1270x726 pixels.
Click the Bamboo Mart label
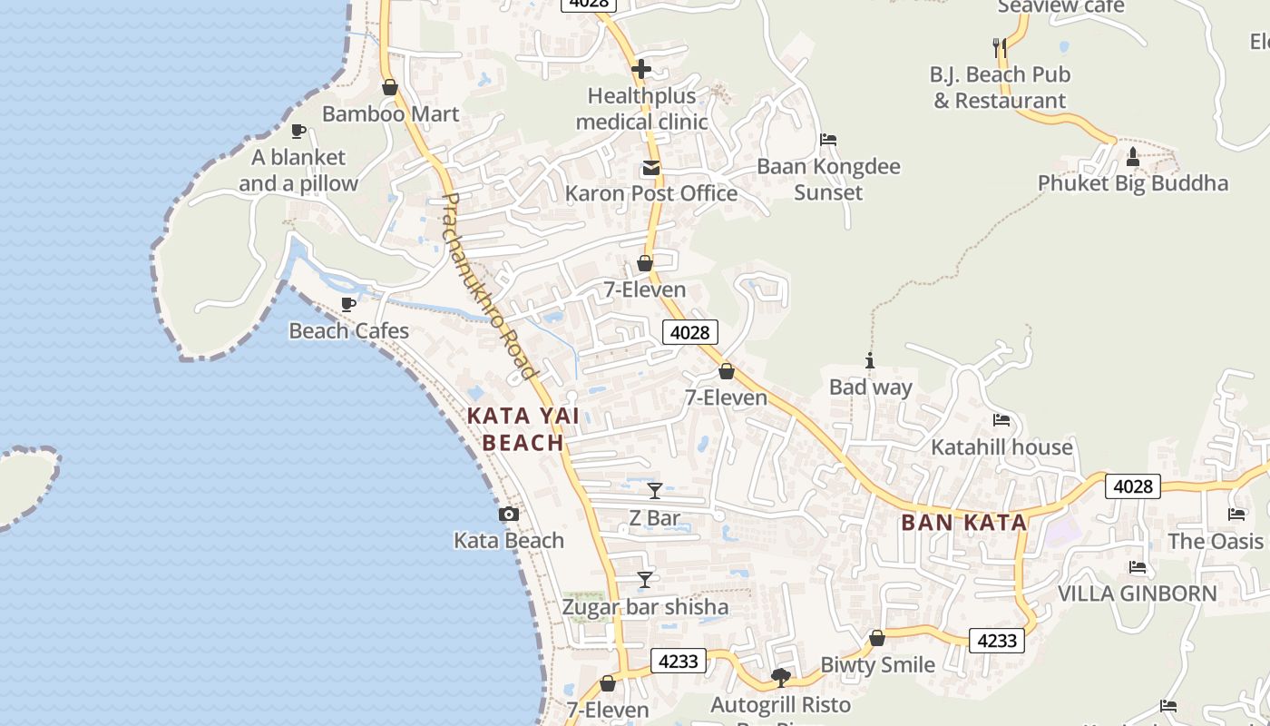pyautogui.click(x=390, y=114)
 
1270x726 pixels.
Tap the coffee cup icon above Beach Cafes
pyautogui.click(x=347, y=304)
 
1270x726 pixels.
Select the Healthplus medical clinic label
pyautogui.click(x=641, y=108)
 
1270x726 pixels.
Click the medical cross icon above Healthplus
pyautogui.click(x=641, y=69)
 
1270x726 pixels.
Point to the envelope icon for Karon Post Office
pyautogui.click(x=651, y=168)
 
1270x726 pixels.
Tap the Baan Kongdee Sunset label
pyautogui.click(x=828, y=179)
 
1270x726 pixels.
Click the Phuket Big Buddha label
pyautogui.click(x=1132, y=183)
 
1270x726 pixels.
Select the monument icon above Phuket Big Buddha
pyautogui.click(x=1132, y=158)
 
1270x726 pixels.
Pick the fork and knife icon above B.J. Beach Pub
pyautogui.click(x=999, y=46)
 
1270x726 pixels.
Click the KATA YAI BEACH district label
pyautogui.click(x=523, y=429)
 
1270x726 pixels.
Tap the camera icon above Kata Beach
pyautogui.click(x=509, y=515)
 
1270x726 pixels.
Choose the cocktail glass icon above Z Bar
pyautogui.click(x=655, y=491)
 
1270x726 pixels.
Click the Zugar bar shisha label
pyautogui.click(x=645, y=607)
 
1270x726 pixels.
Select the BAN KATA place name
pyautogui.click(x=964, y=523)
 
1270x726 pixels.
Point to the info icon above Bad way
pyautogui.click(x=870, y=361)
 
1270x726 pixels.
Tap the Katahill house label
pyautogui.click(x=1001, y=447)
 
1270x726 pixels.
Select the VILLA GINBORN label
pyautogui.click(x=1138, y=594)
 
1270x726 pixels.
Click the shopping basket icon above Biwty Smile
pyautogui.click(x=877, y=639)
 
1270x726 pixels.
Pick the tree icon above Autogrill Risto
pyautogui.click(x=780, y=677)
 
